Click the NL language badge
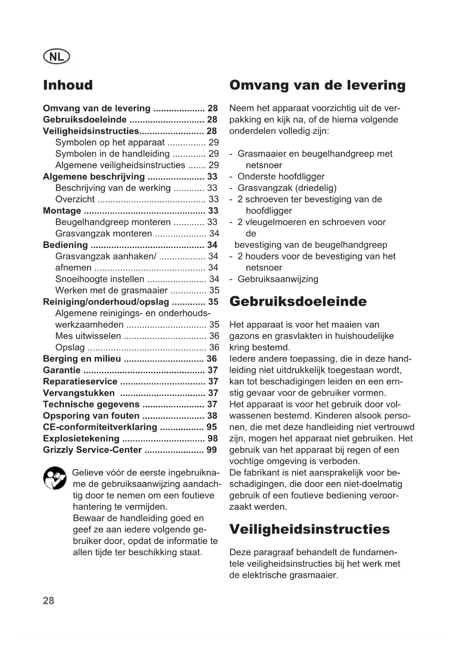coord(56,57)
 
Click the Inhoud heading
coord(68,85)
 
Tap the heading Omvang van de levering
coord(317,85)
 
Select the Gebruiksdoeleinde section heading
coord(298,301)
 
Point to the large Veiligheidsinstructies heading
coord(309,529)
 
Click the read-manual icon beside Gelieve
coord(55,478)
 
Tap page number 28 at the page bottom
coord(49,601)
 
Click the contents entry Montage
coord(62,211)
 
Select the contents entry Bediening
coord(65,245)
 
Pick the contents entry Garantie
coord(62,370)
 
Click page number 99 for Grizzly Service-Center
coord(212,450)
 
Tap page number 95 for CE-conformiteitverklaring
coord(212,427)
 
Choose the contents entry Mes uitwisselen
coord(88,336)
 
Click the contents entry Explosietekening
coord(81,438)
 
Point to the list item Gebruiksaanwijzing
coord(278,279)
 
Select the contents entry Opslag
coord(70,348)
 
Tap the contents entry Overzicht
coord(75,199)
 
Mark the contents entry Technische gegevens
coord(91,404)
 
